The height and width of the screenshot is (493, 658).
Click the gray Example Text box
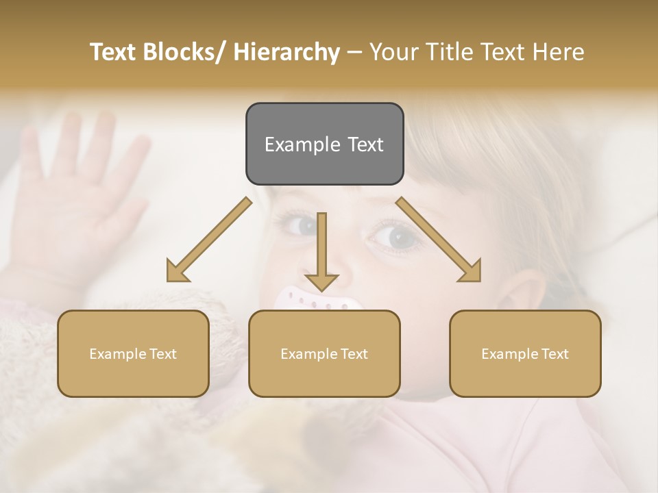pyautogui.click(x=324, y=144)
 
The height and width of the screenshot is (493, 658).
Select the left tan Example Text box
pyautogui.click(x=133, y=353)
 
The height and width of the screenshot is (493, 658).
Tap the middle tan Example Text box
pyautogui.click(x=324, y=353)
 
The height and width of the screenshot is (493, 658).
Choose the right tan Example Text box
pyautogui.click(x=525, y=353)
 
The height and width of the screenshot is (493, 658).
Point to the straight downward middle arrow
pyautogui.click(x=321, y=250)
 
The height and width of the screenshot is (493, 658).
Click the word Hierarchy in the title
pyautogui.click(x=287, y=52)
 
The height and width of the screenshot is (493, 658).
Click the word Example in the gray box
pyautogui.click(x=302, y=144)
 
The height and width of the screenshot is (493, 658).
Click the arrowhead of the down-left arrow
pyautogui.click(x=177, y=272)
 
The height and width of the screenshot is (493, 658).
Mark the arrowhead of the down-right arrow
pyautogui.click(x=471, y=272)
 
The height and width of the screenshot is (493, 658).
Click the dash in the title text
pyautogui.click(x=354, y=52)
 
